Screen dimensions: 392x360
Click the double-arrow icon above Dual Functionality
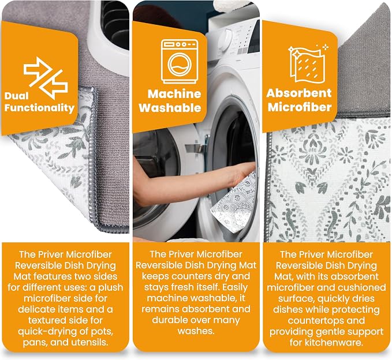[x=46, y=78]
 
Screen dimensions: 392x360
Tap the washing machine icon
[x=180, y=62]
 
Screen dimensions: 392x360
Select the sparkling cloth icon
[x=308, y=63]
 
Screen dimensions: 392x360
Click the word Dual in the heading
[x=16, y=96]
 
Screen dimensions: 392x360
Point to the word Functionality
[x=39, y=108]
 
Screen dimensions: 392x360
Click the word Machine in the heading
[x=174, y=94]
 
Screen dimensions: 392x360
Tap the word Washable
[x=170, y=108]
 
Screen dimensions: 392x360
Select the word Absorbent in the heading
[x=299, y=93]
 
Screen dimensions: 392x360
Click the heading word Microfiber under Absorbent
[x=300, y=107]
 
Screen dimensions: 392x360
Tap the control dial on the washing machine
[x=226, y=37]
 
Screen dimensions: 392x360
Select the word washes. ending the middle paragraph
[x=196, y=331]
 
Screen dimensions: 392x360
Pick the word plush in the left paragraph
[x=110, y=287]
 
